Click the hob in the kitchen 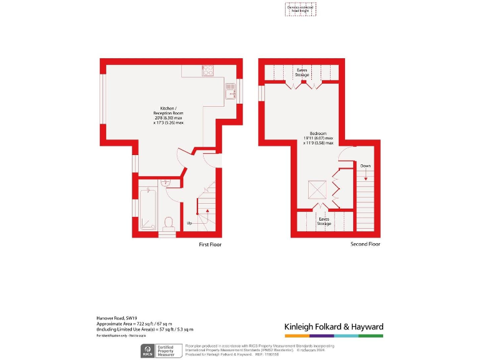pos(208,71)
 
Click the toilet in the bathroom pos(167,222)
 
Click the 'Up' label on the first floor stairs pos(189,222)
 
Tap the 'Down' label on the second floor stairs pos(365,166)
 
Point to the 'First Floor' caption pos(210,244)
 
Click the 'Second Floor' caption pos(366,244)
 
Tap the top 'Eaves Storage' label pos(302,72)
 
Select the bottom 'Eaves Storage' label pos(324,221)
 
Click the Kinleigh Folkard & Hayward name pos(334,327)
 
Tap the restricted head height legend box pos(301,9)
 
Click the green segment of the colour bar pos(371,336)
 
